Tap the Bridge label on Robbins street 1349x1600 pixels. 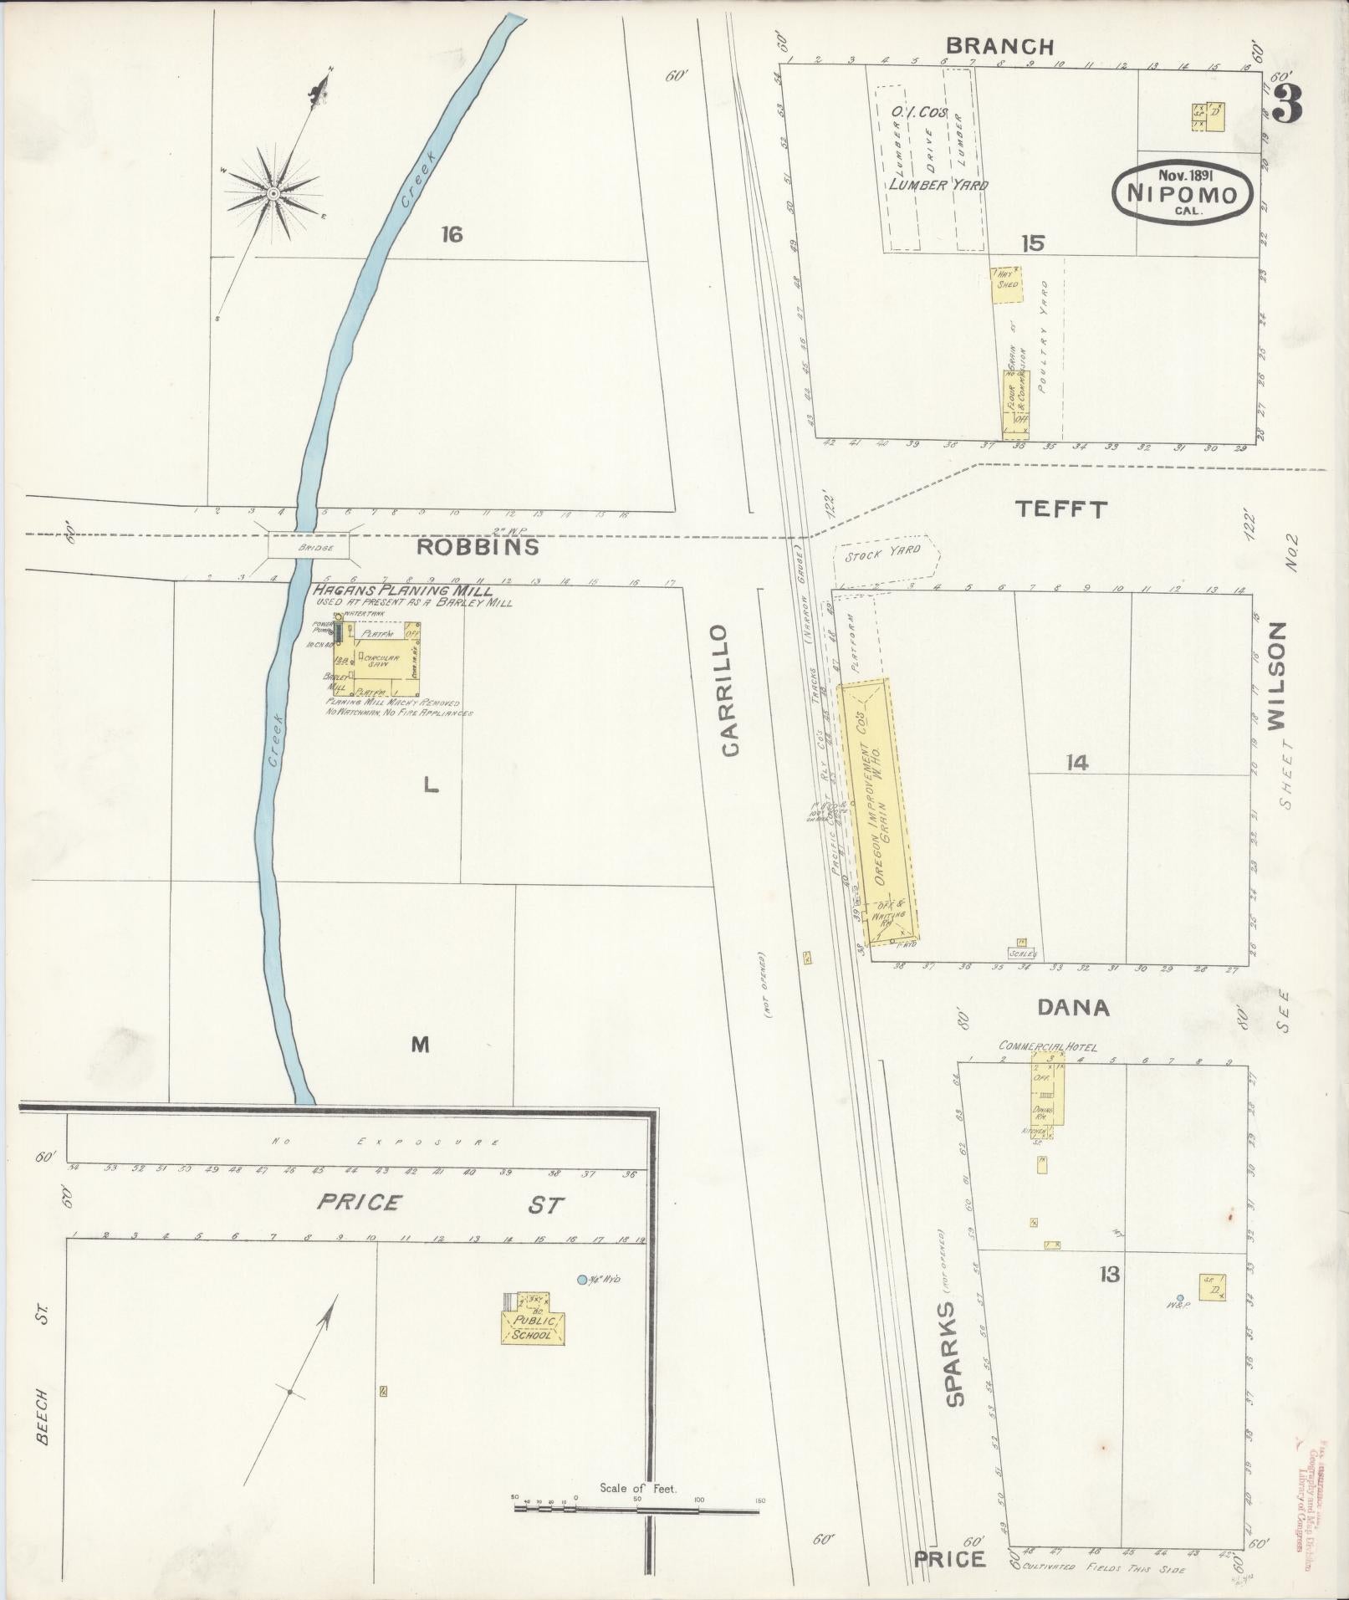[x=308, y=548]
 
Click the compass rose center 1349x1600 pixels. [x=273, y=194]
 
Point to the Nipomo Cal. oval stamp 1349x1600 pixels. [x=1182, y=192]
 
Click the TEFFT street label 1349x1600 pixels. [x=1060, y=509]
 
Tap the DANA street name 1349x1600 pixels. [x=1073, y=1008]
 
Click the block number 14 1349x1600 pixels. [x=1076, y=762]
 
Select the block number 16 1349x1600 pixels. [x=452, y=235]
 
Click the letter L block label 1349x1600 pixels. [x=430, y=785]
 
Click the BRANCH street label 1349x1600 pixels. [x=999, y=47]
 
